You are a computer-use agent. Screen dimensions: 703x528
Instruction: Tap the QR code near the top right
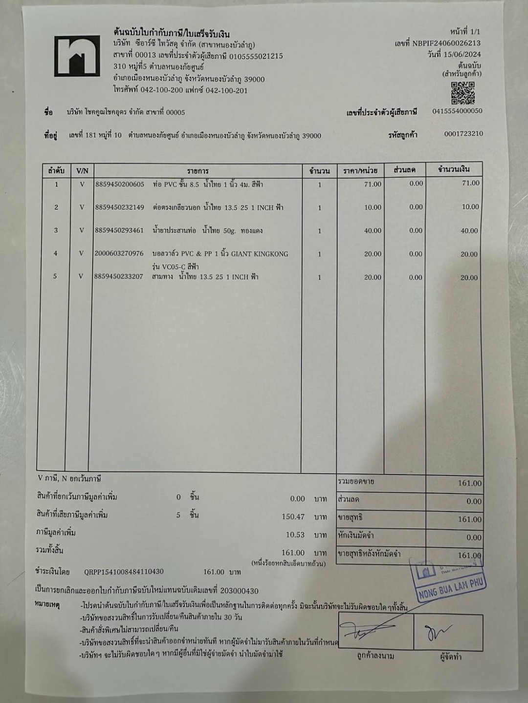coord(462,93)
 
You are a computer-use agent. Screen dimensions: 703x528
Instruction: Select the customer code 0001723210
coord(463,134)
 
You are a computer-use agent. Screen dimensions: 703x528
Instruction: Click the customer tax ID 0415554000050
coord(457,111)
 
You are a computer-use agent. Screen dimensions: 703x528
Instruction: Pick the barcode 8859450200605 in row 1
coord(120,185)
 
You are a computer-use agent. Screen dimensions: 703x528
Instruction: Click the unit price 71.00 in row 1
coord(373,184)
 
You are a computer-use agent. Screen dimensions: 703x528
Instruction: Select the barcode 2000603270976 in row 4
coord(120,253)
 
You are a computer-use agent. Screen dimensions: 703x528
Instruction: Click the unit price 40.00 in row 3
coord(373,230)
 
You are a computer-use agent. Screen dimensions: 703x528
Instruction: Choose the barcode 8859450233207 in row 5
coord(120,276)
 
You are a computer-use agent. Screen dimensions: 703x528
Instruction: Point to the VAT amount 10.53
coord(295,535)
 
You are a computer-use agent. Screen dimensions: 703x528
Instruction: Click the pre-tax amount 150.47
coord(293,517)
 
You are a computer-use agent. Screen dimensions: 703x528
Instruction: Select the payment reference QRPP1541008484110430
coord(124,572)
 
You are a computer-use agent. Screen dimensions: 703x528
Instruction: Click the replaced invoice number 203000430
coord(241,590)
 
